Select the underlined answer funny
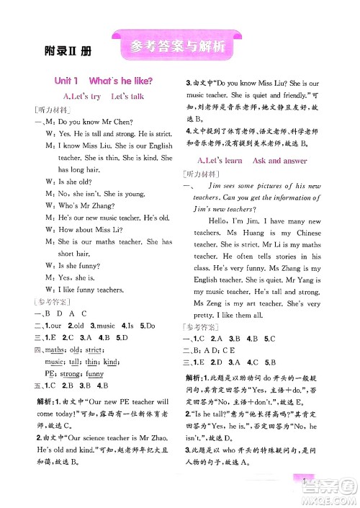click(94, 374)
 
